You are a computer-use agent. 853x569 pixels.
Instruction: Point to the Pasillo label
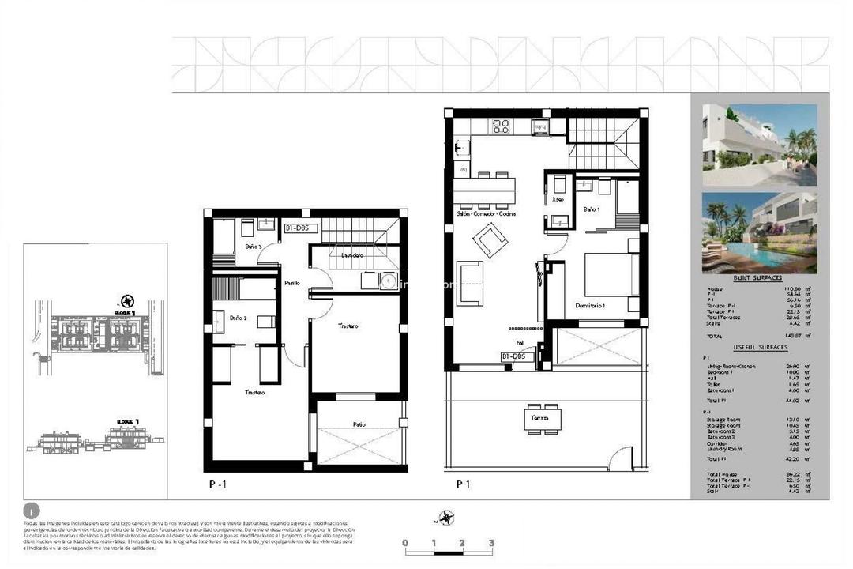coord(292,282)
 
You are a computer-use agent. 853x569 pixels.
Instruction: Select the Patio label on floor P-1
coord(359,424)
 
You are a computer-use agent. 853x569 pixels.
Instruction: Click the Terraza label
coord(540,416)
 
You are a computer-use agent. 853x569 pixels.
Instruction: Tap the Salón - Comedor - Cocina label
coord(486,214)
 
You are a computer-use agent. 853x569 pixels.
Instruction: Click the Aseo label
coord(558,200)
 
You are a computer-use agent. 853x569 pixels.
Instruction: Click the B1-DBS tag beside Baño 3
coord(300,228)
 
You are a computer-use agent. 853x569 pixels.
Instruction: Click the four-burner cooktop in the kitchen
coord(501,126)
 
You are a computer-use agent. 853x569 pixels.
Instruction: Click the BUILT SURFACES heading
coord(757,278)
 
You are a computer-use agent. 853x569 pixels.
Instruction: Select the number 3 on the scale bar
coord(491,543)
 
